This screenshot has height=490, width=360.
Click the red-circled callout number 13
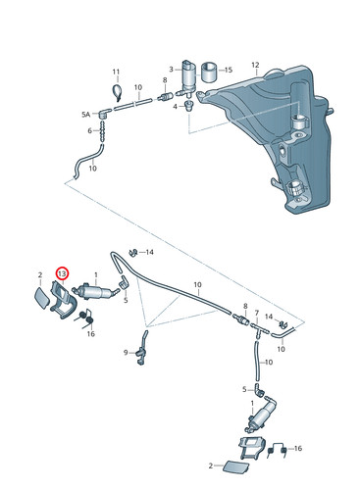(x=62, y=273)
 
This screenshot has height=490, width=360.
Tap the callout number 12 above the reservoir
(x=255, y=65)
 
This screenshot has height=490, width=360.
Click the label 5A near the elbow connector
(x=85, y=115)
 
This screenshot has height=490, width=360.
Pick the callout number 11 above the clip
(x=89, y=130)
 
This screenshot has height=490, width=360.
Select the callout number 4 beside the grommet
(x=176, y=107)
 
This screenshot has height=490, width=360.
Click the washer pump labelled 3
(x=188, y=76)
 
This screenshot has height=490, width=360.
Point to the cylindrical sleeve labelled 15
(x=210, y=73)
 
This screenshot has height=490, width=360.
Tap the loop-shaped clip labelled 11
(x=117, y=91)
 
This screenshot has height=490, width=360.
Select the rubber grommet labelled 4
(x=188, y=106)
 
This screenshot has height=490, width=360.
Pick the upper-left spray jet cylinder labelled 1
(x=95, y=290)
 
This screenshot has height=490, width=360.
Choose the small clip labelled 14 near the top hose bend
(x=133, y=252)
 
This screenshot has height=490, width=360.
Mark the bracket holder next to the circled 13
(x=64, y=301)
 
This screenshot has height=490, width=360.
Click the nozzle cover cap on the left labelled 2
(x=43, y=297)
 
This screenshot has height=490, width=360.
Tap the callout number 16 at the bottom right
(x=298, y=448)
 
